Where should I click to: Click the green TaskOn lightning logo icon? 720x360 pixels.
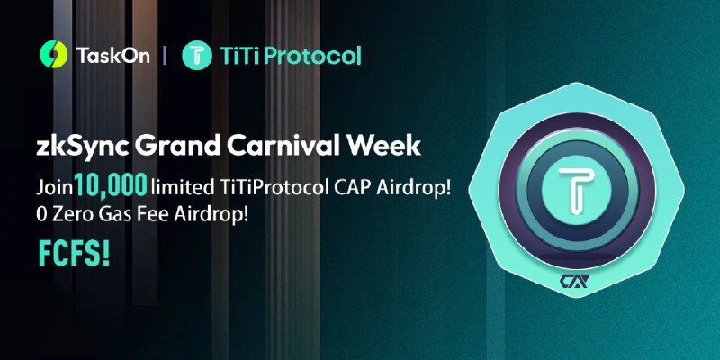pos(54,55)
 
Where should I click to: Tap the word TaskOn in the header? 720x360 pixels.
pos(112,56)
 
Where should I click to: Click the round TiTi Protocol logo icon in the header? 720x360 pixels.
pos(197,55)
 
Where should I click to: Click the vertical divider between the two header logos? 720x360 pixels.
pos(165,56)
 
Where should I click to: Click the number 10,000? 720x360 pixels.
pos(111,186)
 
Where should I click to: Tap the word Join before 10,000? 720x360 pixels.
pos(55,188)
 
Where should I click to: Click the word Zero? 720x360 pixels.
pos(70,215)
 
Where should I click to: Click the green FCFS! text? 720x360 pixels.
pos(74,254)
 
